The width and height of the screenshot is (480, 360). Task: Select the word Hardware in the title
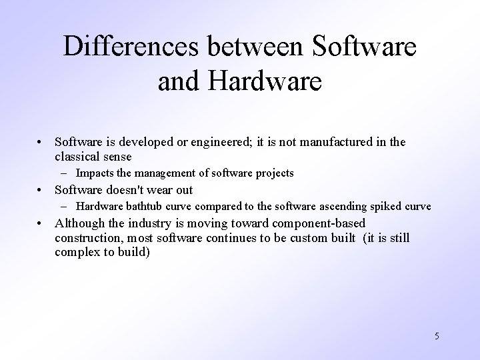tap(265, 82)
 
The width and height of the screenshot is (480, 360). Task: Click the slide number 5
tap(436, 337)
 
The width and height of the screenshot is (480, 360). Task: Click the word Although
tap(81, 223)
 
